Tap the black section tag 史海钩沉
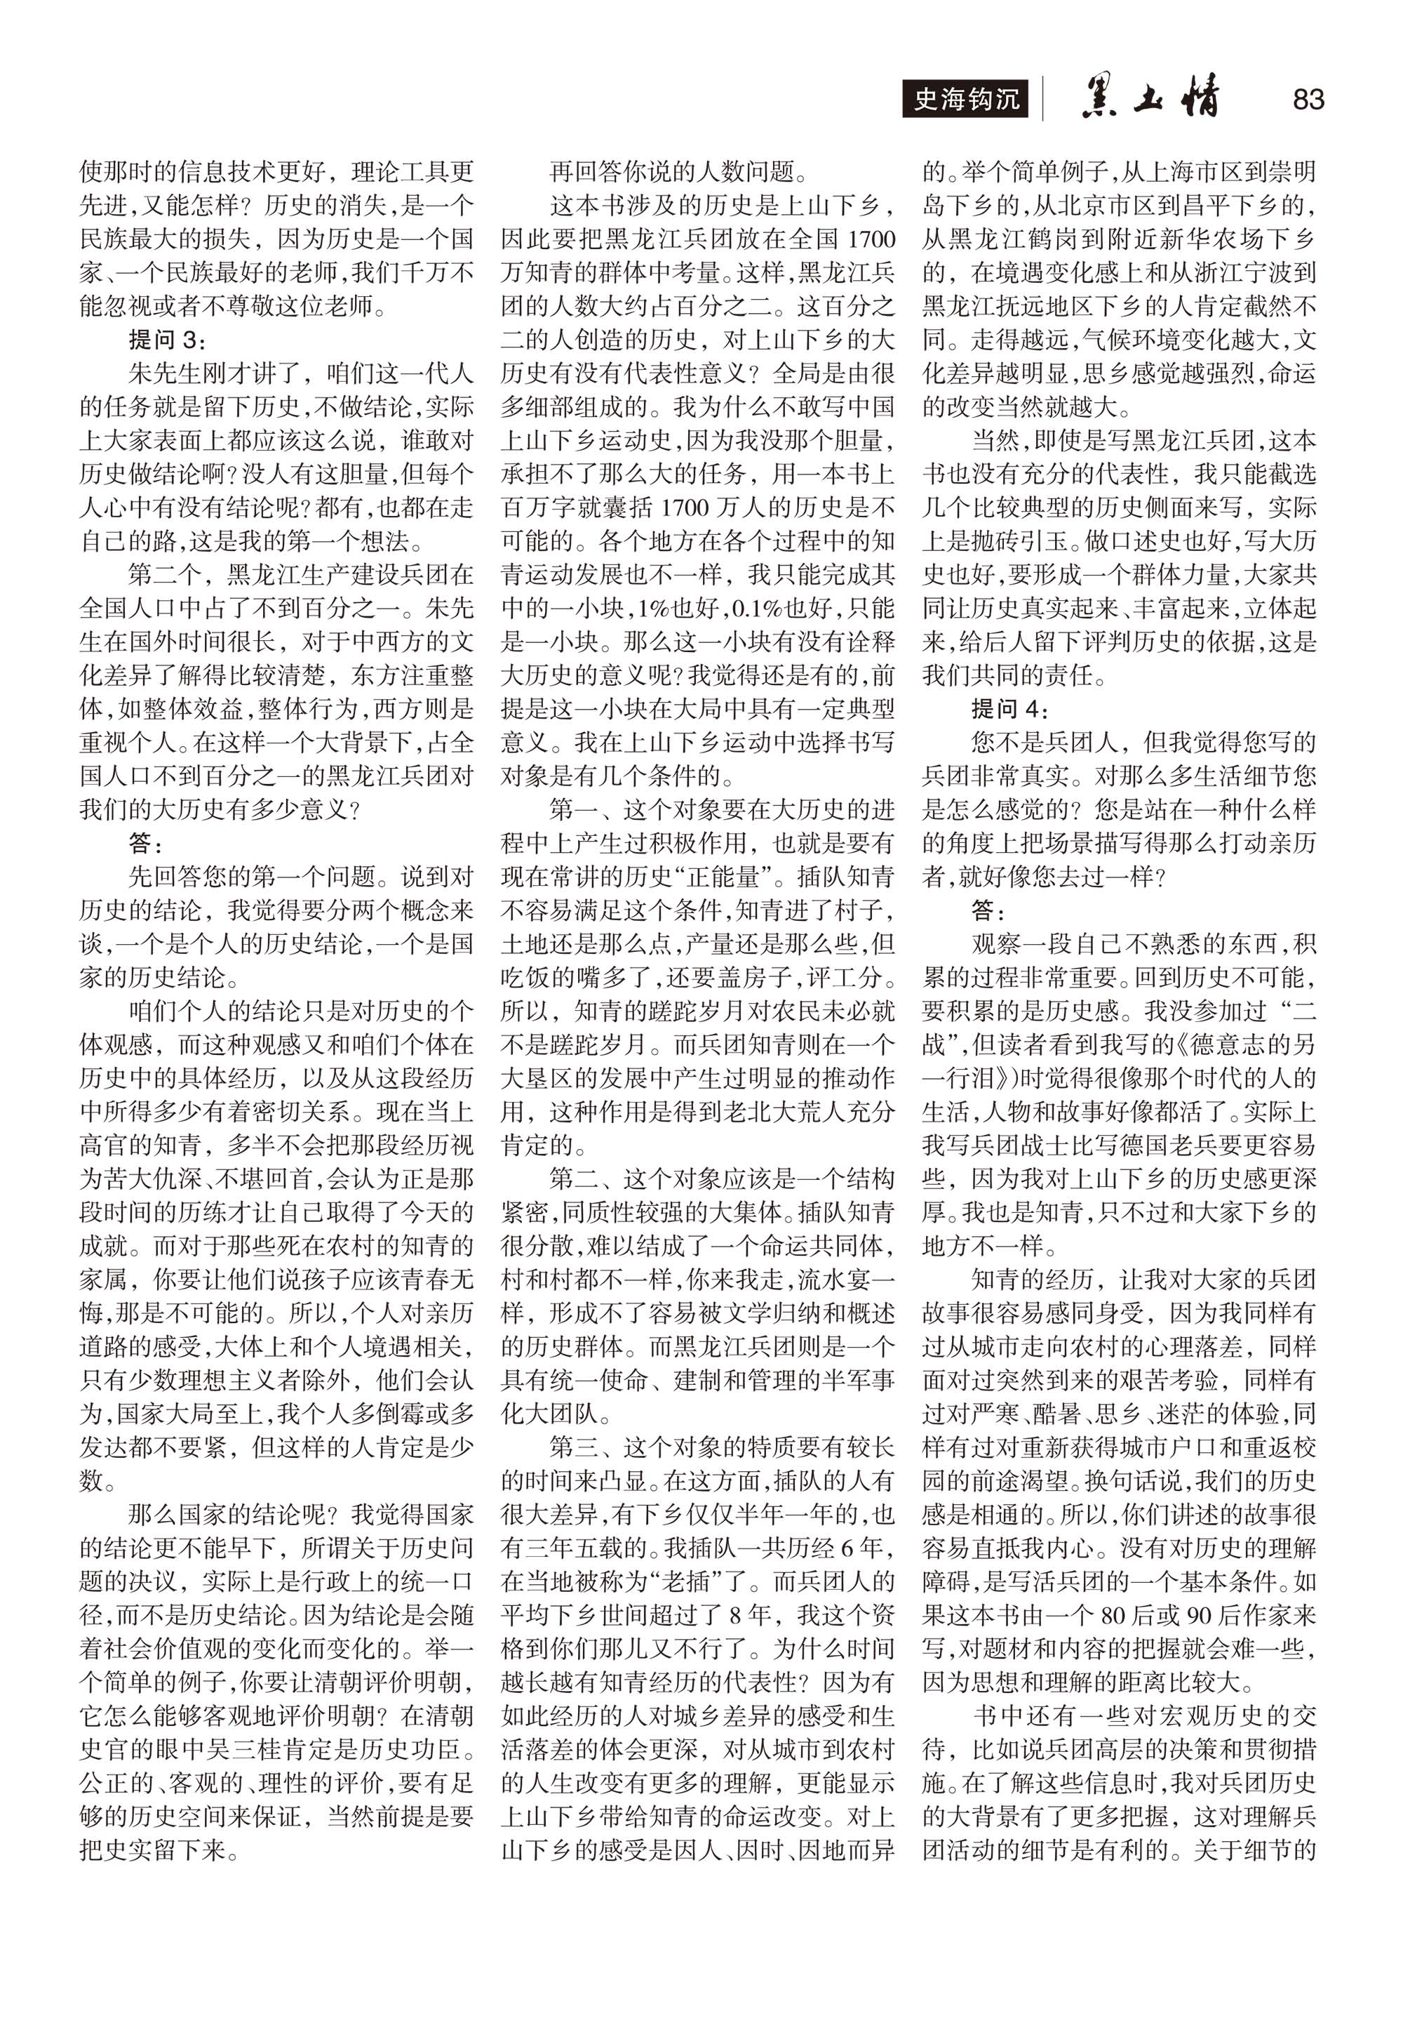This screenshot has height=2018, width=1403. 965,98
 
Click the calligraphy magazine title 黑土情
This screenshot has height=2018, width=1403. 1151,98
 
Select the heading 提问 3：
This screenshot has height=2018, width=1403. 167,339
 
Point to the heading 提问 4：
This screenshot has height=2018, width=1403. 1009,708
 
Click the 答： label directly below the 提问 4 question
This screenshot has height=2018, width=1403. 989,910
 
